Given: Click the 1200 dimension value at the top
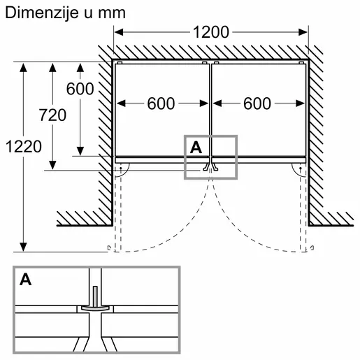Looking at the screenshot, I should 210,31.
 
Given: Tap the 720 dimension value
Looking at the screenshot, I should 52,115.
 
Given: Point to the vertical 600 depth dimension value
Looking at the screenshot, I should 80,89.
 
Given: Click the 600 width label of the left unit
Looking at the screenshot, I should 161,103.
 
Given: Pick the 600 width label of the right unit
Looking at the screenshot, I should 258,103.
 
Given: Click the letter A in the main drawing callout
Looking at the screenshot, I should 196,147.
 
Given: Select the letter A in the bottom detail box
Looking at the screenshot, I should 26,280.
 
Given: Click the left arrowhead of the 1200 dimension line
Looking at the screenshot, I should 118,31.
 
